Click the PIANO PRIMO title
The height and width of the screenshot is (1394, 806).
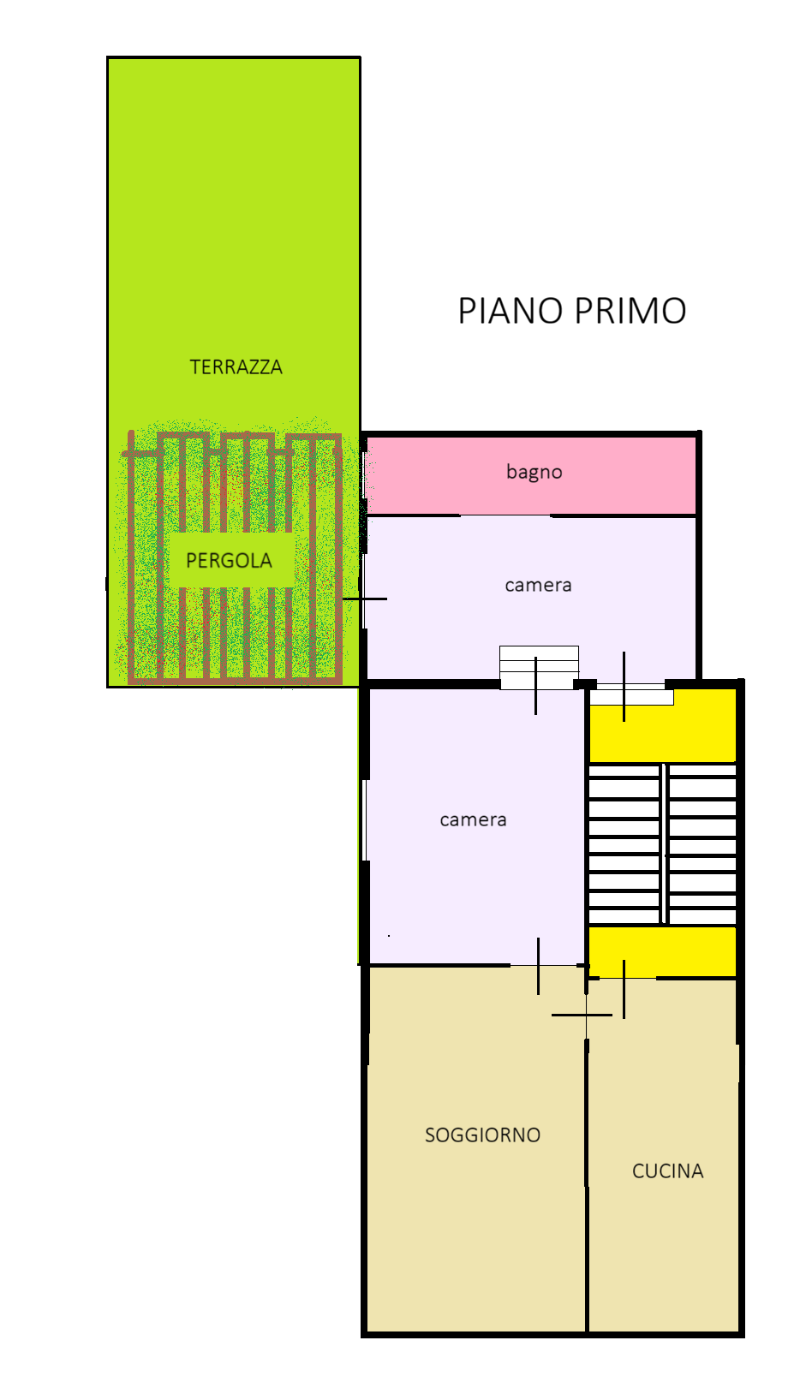(x=571, y=311)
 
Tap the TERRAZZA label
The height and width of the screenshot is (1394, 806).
(x=236, y=367)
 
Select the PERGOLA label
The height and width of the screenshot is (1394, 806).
(x=229, y=561)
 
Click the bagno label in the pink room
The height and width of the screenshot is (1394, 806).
(x=534, y=472)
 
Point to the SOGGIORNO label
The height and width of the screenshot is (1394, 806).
(x=482, y=1135)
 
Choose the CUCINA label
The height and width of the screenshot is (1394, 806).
(x=668, y=1171)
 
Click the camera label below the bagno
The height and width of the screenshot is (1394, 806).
(x=538, y=585)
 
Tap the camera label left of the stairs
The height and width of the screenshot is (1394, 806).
(x=473, y=819)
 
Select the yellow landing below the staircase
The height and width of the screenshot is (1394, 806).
(x=663, y=951)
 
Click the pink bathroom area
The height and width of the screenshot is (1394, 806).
(x=531, y=476)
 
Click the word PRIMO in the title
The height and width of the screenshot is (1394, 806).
(x=630, y=311)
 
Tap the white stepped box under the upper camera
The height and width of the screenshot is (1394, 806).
(x=539, y=667)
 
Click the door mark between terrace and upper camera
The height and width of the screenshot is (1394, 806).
(x=365, y=599)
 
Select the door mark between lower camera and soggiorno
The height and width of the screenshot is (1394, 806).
(x=539, y=966)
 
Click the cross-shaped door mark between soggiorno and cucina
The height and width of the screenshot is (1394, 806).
(x=585, y=1015)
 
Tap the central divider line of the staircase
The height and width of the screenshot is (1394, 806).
(x=664, y=844)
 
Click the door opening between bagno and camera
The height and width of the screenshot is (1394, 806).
(x=506, y=515)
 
